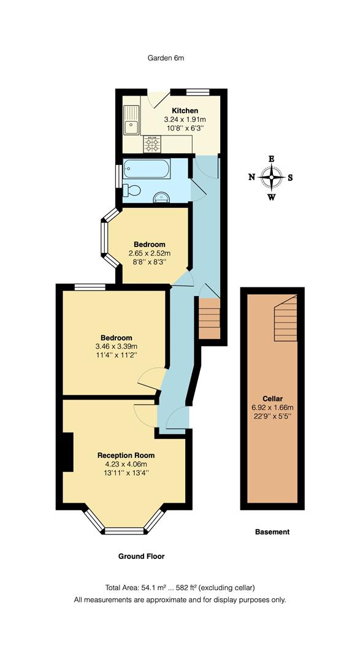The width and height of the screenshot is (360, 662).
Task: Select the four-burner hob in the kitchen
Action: coord(152,144)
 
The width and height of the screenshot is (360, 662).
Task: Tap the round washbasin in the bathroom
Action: coord(161,196)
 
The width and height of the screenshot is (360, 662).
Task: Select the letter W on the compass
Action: coord(271,197)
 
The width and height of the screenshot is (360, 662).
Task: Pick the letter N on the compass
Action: coord(251,178)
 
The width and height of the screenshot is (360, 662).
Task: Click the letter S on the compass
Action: coord(290,178)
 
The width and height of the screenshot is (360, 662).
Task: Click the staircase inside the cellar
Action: coord(285,319)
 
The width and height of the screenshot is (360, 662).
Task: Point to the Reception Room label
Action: coord(126,455)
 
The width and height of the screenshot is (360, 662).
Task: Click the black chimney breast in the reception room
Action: coord(66,452)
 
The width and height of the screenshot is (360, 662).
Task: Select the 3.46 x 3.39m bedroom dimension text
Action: coord(117,346)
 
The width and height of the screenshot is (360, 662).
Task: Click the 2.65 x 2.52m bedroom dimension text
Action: coord(150,253)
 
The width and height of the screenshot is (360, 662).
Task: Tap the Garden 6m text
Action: coord(166,58)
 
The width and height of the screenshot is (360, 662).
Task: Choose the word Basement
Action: coord(272,532)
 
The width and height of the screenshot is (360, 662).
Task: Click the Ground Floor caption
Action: coord(141,557)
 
